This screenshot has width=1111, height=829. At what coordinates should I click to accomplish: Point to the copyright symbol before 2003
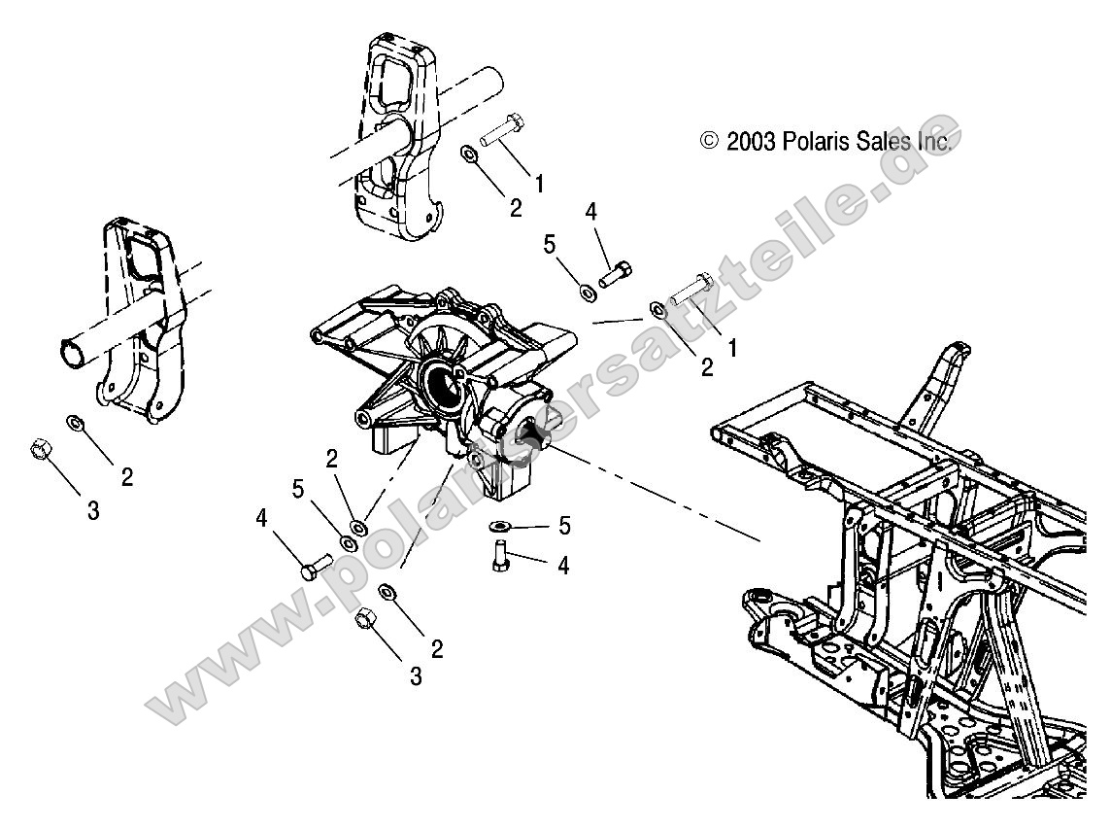pyautogui.click(x=710, y=142)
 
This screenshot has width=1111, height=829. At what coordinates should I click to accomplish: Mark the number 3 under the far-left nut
pyautogui.click(x=93, y=511)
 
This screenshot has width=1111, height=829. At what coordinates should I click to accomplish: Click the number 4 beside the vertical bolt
pyautogui.click(x=562, y=565)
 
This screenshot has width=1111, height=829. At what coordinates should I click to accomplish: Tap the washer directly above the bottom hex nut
pyautogui.click(x=387, y=591)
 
